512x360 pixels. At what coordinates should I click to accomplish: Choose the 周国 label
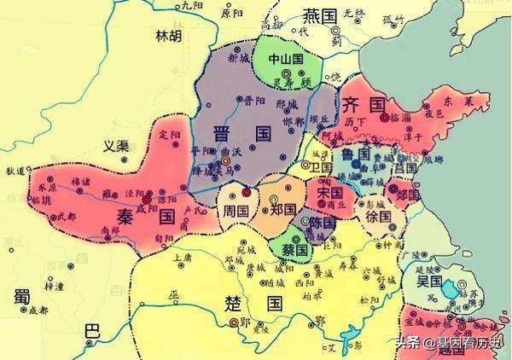click(x=236, y=210)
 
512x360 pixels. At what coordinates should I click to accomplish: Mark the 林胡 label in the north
click(x=168, y=36)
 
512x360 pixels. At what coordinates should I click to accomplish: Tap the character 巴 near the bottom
click(x=91, y=332)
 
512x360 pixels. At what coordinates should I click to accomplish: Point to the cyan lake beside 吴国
click(x=450, y=289)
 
